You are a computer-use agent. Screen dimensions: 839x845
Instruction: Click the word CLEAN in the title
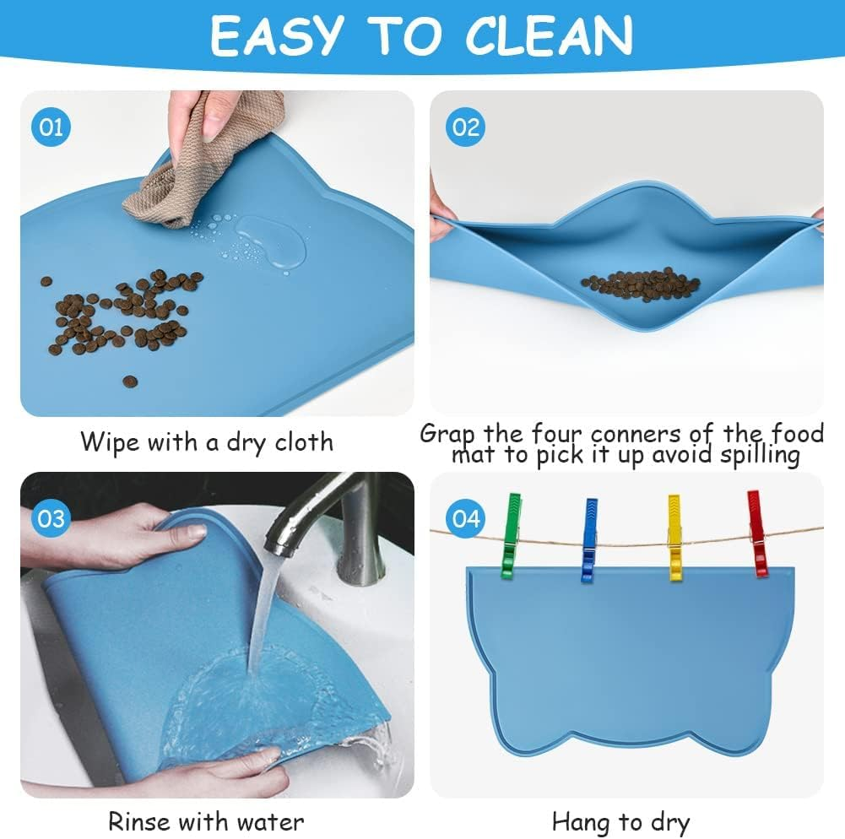[548, 36]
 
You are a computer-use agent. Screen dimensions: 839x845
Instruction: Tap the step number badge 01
[52, 127]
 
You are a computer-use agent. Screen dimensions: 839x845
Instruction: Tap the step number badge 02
[465, 127]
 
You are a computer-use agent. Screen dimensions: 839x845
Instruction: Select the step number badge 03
[52, 517]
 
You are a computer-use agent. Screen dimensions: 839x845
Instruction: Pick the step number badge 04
[466, 517]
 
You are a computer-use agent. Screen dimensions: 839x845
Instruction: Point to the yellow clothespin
[675, 538]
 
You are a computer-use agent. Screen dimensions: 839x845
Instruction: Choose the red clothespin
[757, 533]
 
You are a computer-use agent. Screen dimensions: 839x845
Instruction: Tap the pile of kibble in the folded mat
[641, 284]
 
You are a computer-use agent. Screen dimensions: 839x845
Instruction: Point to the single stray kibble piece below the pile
[130, 382]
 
